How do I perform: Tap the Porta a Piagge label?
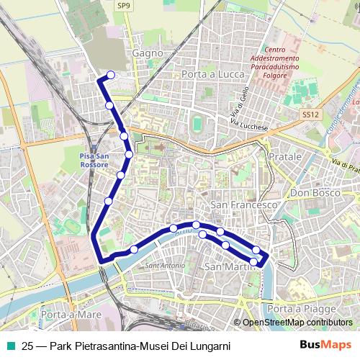294,309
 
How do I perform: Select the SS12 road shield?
310,114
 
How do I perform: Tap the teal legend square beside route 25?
12,346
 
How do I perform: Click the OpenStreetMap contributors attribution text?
297,323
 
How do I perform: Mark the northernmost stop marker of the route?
111,74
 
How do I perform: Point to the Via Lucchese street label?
249,126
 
